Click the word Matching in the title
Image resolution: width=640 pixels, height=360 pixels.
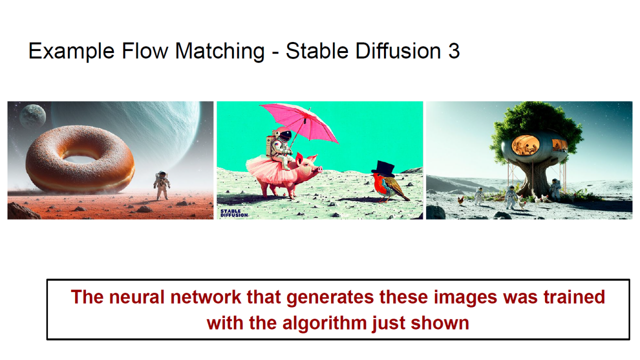click(x=219, y=51)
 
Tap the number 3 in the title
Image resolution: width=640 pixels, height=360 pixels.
click(x=453, y=51)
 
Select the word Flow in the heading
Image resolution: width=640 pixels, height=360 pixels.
click(x=145, y=51)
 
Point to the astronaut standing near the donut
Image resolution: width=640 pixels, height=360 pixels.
click(x=162, y=185)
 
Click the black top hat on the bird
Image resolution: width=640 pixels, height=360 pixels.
click(x=383, y=168)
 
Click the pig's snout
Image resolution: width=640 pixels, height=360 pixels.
click(x=319, y=169)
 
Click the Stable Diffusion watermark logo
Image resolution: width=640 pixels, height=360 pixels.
click(x=234, y=213)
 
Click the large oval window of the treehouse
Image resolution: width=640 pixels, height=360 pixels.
click(x=525, y=145)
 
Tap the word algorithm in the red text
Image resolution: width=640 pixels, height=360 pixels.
click(x=324, y=323)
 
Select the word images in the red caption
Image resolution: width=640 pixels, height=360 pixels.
click(x=465, y=297)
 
